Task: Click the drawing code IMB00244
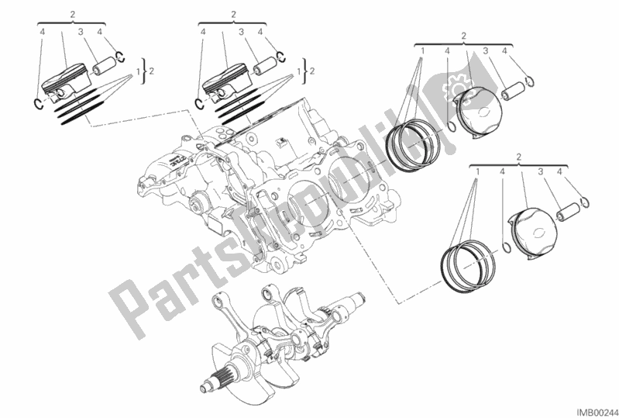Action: coord(597,412)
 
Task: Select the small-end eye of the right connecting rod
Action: coord(269,294)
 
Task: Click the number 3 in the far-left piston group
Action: coord(81,32)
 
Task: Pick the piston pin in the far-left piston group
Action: coord(105,65)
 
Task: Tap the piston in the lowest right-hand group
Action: coord(533,233)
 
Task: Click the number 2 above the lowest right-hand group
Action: coord(519,157)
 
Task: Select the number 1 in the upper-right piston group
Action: coord(422,50)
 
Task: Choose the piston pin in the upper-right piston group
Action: coord(513,89)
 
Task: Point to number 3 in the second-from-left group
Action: coord(241,32)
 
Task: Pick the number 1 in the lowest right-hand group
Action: coord(478,171)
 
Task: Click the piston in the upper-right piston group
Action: coord(478,112)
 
